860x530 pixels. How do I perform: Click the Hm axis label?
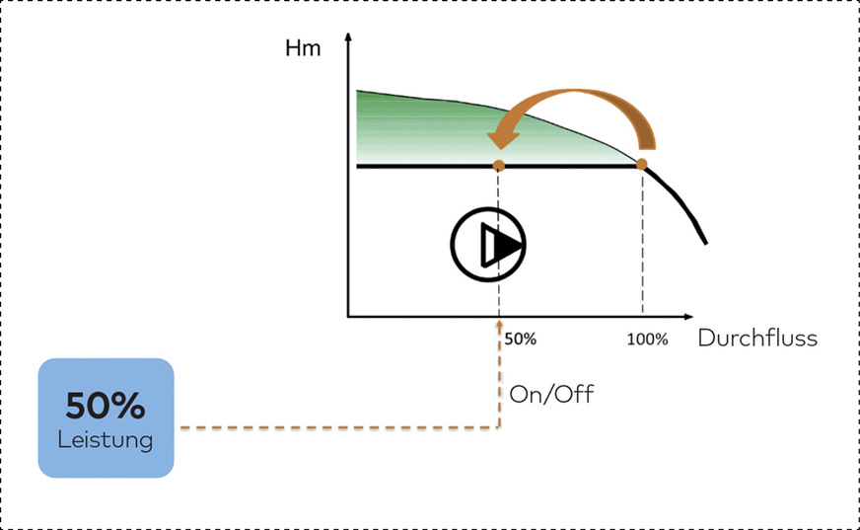tap(304, 48)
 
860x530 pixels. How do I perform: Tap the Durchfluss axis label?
tap(757, 339)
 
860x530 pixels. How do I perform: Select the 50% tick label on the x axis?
tap(520, 339)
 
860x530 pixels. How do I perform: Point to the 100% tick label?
tap(647, 339)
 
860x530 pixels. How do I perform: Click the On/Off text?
tap(551, 394)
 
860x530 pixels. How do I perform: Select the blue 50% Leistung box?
tap(106, 418)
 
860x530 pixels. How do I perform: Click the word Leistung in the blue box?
tap(106, 440)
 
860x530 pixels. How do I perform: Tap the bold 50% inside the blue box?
tap(106, 405)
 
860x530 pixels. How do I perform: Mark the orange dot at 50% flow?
tap(498, 166)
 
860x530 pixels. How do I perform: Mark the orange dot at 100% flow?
tap(642, 165)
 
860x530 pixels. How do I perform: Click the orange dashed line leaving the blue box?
tap(335, 427)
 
